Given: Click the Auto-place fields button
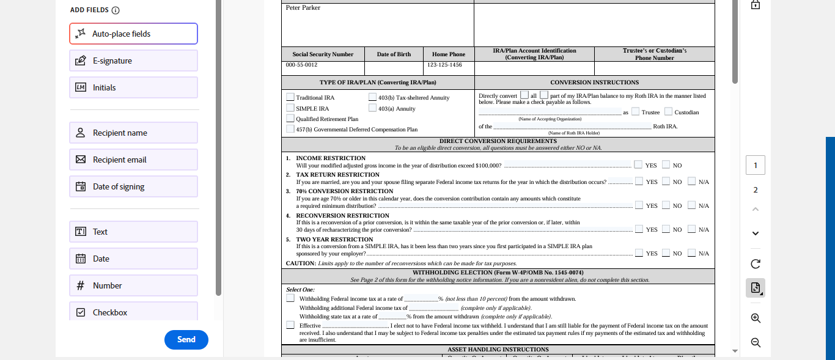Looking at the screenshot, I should coord(133,34).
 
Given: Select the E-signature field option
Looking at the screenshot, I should coord(133,61).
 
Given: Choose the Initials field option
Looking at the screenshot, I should coord(133,87).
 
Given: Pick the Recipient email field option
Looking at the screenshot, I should coord(133,160).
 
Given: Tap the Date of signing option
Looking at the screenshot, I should coord(133,186).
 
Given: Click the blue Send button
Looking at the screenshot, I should coord(186,340).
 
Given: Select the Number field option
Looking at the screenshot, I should coord(133,285).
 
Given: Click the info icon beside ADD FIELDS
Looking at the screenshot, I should coord(116,10).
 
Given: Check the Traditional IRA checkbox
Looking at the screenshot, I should coord(290,97).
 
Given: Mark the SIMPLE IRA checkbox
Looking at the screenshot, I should coord(290,108).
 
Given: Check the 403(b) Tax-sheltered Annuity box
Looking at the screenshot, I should coord(372,97).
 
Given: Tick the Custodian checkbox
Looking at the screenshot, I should coord(669,112).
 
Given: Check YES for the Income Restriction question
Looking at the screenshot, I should coord(638,164).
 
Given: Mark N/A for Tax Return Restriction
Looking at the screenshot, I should coord(692,181).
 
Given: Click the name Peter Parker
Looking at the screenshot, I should coord(303,8).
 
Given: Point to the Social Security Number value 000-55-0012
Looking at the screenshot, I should coord(301,65).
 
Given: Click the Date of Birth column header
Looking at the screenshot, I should coord(394,54).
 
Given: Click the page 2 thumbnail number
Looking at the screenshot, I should coord(756,190).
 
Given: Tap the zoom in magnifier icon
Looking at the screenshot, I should coord(756,318).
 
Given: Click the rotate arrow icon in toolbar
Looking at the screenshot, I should coord(756,264).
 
